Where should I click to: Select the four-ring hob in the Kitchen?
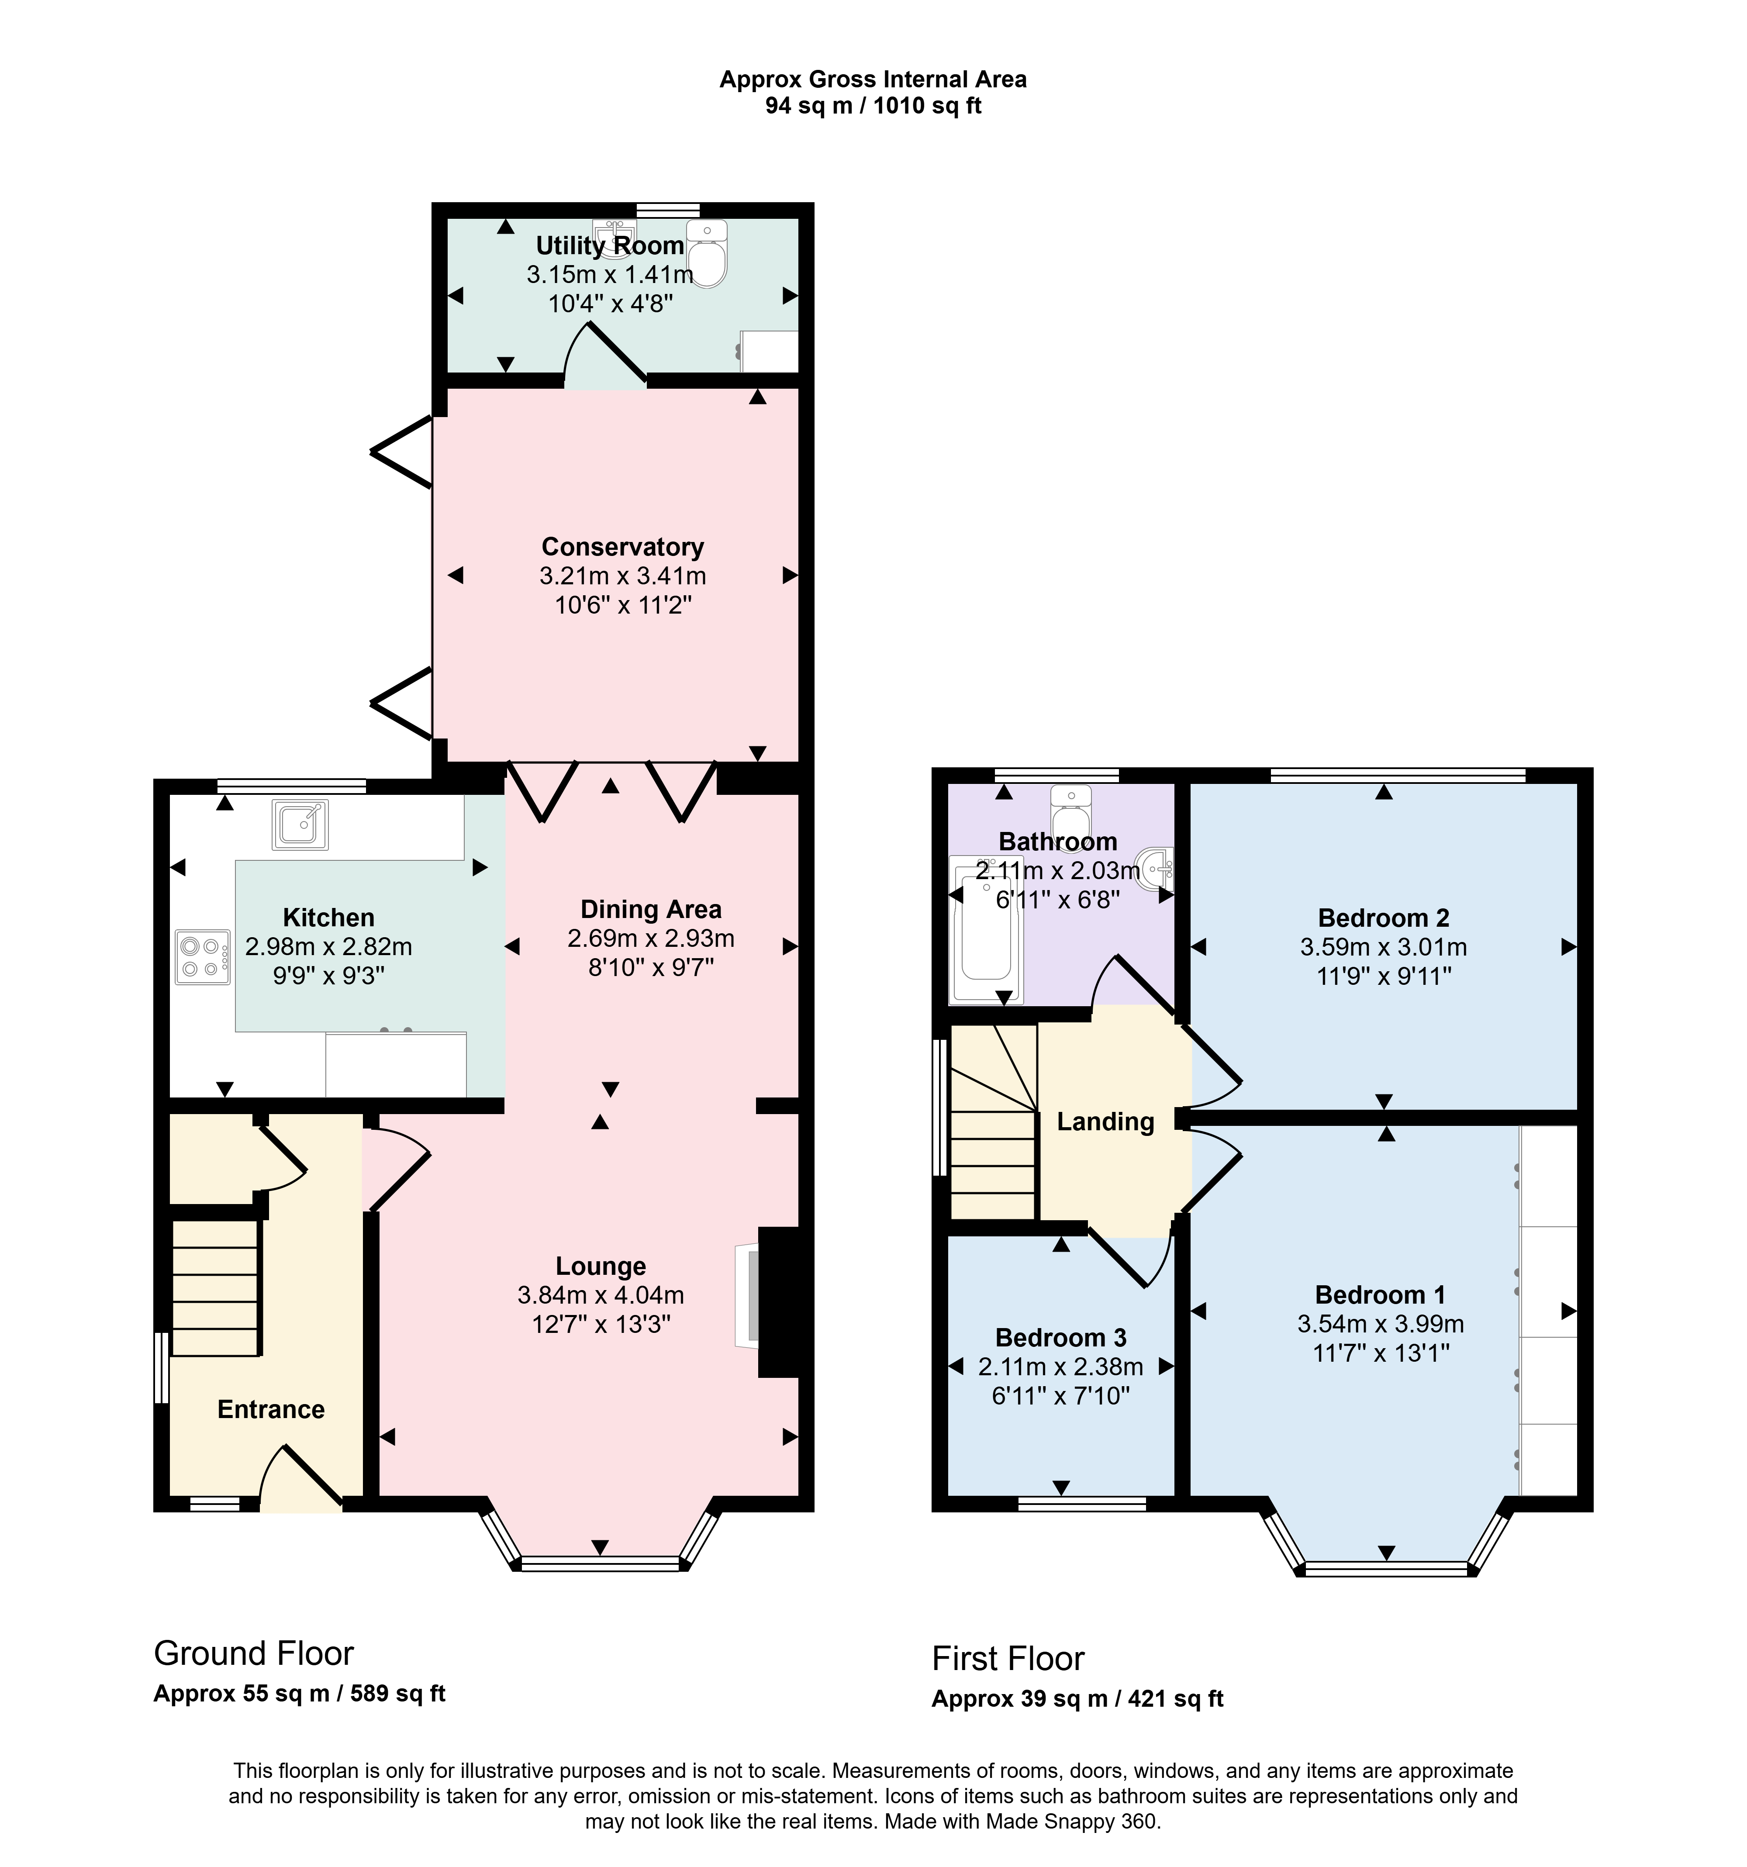tap(202, 957)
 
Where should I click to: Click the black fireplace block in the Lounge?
tap(779, 1303)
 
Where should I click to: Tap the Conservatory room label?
tap(623, 547)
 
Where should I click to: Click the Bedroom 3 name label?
tap(1060, 1337)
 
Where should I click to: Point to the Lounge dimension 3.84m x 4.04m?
tap(600, 1295)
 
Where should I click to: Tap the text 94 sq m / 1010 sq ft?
tap(873, 106)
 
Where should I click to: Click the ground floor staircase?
tap(215, 1287)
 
